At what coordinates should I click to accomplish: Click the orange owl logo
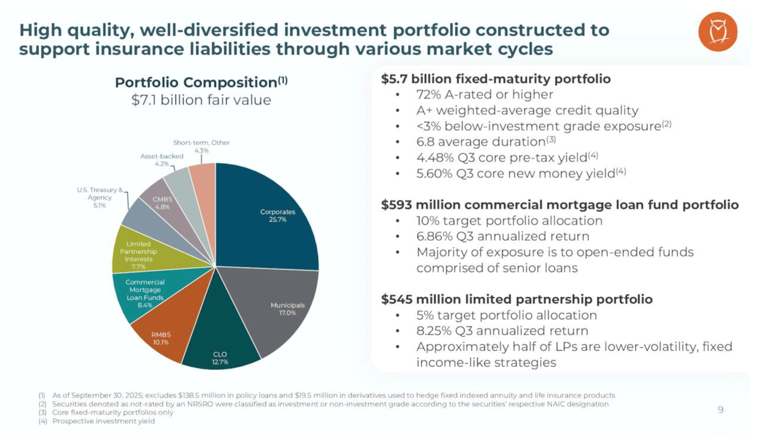coord(717,32)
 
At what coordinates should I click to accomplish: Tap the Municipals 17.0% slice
coord(282,309)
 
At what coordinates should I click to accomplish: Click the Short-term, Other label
coord(201,143)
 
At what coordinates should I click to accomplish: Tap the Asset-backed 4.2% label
coord(162,160)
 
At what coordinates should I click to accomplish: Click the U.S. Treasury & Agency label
coord(100,197)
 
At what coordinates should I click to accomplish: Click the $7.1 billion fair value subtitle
coord(201,100)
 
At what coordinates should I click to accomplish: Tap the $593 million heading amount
coord(396,205)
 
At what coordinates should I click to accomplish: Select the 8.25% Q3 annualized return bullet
coord(502,331)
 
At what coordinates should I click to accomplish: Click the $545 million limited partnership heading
coord(517,300)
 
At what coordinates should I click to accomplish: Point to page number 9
coord(720,410)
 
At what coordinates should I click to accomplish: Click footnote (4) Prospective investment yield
coord(103,421)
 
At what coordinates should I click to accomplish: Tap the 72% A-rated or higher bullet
coord(485,95)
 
